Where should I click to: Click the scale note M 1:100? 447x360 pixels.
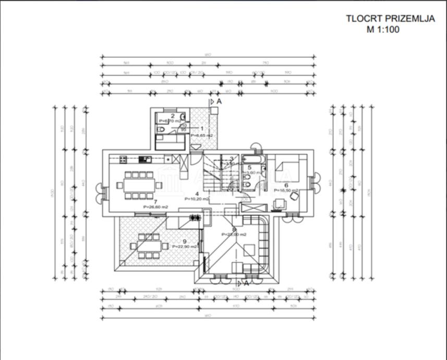(x=383, y=29)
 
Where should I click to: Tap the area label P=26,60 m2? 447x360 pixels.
(x=156, y=207)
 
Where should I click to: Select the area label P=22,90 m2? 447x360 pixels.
(x=186, y=247)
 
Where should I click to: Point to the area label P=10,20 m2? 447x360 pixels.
(x=197, y=199)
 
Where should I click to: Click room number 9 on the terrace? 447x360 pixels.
(x=184, y=241)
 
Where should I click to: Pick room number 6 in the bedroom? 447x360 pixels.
(x=286, y=185)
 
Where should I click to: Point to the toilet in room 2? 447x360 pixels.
(x=161, y=128)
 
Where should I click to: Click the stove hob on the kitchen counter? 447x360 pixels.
(x=124, y=159)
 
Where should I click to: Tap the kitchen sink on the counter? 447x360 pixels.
(x=145, y=159)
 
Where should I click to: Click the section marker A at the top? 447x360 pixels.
(x=219, y=101)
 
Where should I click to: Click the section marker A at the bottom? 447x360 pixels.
(x=247, y=284)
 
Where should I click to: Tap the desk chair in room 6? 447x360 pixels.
(x=295, y=197)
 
